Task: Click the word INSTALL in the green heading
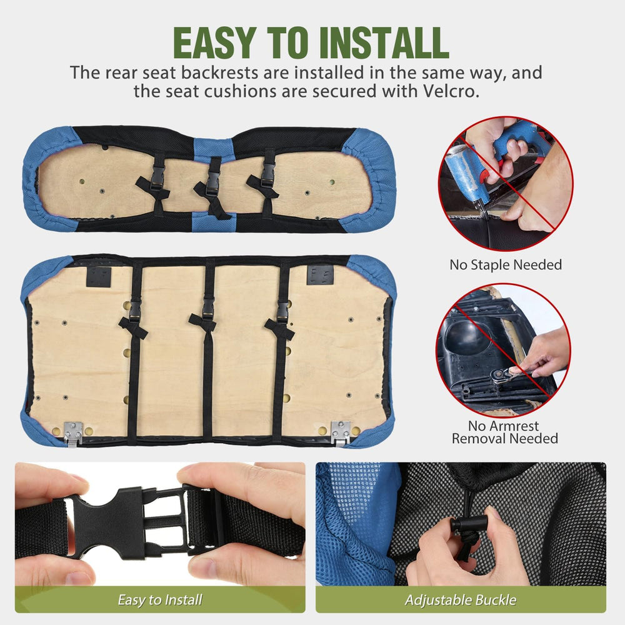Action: point(384,42)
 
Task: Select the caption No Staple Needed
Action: point(506,264)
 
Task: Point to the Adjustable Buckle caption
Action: point(461,599)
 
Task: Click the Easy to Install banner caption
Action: point(160,599)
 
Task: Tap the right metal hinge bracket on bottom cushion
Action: point(341,433)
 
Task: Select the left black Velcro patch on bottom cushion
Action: point(99,277)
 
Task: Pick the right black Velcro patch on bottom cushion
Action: point(320,275)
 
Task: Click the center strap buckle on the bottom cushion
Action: point(208,308)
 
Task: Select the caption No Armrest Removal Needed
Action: point(504,432)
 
